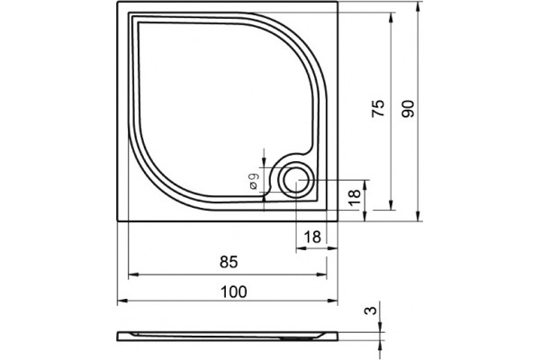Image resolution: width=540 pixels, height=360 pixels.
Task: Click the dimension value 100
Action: click(234, 292)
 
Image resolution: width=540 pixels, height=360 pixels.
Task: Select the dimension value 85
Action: click(229, 263)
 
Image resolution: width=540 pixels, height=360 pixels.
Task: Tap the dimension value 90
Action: click(409, 109)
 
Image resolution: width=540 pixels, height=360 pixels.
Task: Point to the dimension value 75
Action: click(378, 109)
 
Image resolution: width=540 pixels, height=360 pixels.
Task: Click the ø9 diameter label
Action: click(254, 181)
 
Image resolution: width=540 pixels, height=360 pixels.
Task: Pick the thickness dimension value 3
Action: click(371, 310)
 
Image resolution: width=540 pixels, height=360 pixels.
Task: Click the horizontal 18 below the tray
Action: click(312, 237)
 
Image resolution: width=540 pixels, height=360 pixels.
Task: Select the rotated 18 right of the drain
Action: click(355, 198)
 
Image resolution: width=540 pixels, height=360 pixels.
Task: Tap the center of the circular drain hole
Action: click(296, 181)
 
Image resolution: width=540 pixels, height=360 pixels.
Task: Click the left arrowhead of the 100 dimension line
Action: click(122, 301)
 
